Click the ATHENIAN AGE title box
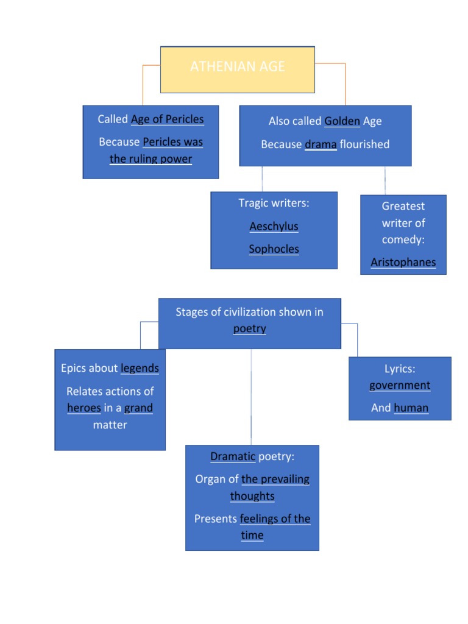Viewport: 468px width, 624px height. [x=237, y=69]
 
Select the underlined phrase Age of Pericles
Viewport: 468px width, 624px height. [x=167, y=119]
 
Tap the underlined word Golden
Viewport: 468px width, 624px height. [x=342, y=121]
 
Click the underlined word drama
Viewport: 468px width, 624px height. [x=321, y=144]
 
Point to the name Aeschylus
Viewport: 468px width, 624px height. [x=274, y=226]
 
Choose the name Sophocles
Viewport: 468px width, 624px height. [x=274, y=249]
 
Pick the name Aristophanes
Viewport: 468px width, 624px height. [x=403, y=263]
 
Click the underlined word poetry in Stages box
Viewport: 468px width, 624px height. [x=249, y=328]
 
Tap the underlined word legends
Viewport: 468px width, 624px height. [x=140, y=368]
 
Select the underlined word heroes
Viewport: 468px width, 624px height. [x=83, y=408]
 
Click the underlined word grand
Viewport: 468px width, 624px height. [x=138, y=408]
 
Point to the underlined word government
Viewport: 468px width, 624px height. [x=400, y=385]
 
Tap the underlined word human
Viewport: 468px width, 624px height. [x=411, y=408]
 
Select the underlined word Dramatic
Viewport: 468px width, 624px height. [x=233, y=456]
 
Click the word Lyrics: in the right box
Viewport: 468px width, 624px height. [x=400, y=369]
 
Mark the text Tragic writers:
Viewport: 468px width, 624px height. [x=274, y=203]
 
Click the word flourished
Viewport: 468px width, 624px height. [x=364, y=144]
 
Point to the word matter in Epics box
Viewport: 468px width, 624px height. [x=110, y=425]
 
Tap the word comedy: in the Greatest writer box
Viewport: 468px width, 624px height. [x=403, y=239]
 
